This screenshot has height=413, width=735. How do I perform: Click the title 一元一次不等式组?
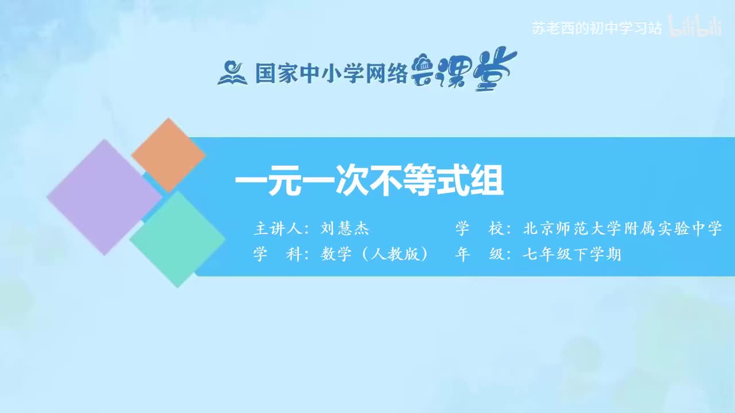369,182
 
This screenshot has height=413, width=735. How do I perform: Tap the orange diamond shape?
168,155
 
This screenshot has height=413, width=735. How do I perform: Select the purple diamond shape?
104,197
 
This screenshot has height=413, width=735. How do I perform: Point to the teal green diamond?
177,239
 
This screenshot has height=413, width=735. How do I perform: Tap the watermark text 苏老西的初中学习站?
597,29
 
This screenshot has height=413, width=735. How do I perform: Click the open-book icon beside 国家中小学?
232,73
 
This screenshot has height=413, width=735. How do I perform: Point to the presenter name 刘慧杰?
345,229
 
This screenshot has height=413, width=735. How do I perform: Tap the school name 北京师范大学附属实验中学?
622,229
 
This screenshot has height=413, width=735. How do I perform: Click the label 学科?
278,254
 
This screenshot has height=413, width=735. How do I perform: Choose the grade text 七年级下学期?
572,254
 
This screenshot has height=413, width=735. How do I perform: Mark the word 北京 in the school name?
539,229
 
